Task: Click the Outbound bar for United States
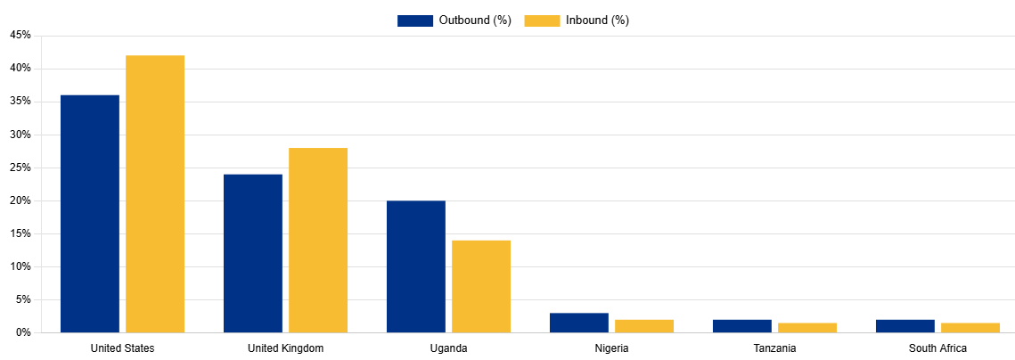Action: [x=90, y=214]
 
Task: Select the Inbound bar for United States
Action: [x=155, y=194]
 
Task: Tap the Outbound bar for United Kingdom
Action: [x=253, y=253]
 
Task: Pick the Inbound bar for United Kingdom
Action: [x=318, y=241]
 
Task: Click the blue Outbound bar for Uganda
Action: [x=416, y=266]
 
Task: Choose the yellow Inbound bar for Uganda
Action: [x=481, y=286]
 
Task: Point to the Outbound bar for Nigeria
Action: [x=579, y=323]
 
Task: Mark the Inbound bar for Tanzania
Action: [x=807, y=328]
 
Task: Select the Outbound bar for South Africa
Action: [x=905, y=326]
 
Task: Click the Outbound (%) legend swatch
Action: [x=415, y=20]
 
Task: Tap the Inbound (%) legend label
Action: [x=597, y=20]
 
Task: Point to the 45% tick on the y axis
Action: [x=20, y=36]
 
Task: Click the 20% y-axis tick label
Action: [x=20, y=200]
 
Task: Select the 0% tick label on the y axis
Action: [x=23, y=332]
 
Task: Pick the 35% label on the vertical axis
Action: [x=20, y=102]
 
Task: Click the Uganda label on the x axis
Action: [x=448, y=348]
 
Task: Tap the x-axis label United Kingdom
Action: [x=285, y=348]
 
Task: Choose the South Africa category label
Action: [x=937, y=348]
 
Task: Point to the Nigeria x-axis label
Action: [x=611, y=348]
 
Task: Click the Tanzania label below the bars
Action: [x=774, y=348]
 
